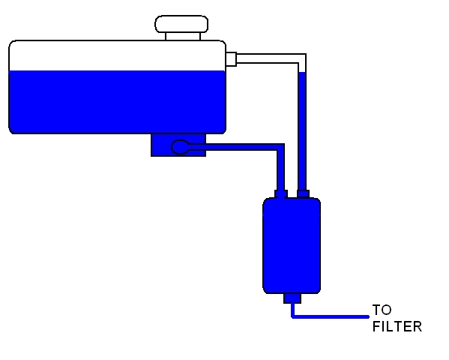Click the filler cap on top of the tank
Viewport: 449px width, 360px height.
click(x=181, y=24)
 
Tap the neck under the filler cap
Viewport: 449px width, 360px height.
click(x=183, y=37)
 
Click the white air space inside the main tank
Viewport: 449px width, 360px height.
click(x=118, y=56)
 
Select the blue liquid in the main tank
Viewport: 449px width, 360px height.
click(x=118, y=102)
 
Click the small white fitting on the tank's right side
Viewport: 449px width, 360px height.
click(x=231, y=59)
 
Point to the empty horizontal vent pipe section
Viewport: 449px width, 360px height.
click(x=268, y=58)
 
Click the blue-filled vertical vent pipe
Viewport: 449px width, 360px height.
click(x=302, y=130)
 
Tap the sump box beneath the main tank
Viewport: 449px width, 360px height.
click(x=178, y=145)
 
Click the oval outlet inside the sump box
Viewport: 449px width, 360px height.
click(x=180, y=147)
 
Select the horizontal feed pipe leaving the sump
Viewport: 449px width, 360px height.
click(x=232, y=147)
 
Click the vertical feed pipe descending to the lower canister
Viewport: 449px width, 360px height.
click(x=280, y=169)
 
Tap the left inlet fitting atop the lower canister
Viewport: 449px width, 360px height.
click(x=281, y=193)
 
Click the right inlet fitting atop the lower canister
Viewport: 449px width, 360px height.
click(x=303, y=193)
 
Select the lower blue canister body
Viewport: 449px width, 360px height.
click(x=292, y=245)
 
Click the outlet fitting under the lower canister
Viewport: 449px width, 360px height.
click(x=292, y=298)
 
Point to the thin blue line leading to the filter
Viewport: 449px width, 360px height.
click(x=329, y=316)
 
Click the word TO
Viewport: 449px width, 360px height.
click(x=382, y=310)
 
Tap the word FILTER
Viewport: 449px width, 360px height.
click(x=397, y=327)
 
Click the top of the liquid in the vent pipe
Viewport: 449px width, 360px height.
click(x=302, y=72)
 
